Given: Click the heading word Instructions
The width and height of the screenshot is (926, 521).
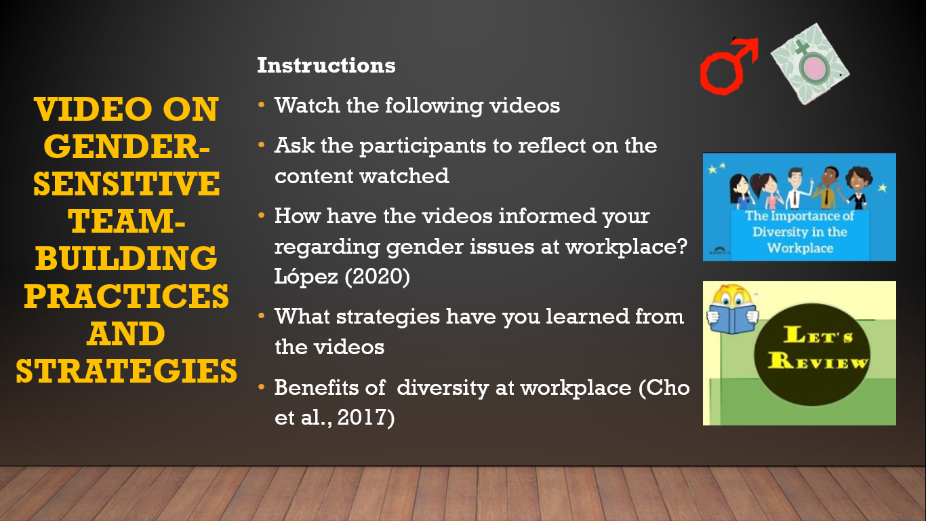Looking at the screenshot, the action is coord(326,65).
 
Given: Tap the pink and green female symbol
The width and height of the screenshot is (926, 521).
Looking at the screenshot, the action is coord(810,64).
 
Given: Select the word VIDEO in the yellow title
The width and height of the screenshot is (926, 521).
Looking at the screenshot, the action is coord(92,109).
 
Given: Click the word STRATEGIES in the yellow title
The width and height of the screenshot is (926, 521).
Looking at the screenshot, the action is coord(127,371).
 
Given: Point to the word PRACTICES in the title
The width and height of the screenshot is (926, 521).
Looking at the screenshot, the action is coord(127,296).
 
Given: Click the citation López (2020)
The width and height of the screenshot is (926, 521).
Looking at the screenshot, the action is coord(342,276).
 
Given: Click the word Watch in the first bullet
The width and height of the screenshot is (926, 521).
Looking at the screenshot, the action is coord(307,105).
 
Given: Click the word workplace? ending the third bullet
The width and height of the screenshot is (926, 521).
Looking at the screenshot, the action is coord(626,247).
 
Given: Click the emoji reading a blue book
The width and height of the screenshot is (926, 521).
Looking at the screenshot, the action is coord(733,309).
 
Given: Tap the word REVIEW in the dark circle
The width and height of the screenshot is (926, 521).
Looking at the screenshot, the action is coord(818,361).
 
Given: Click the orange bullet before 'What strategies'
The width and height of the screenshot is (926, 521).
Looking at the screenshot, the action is coord(261,316).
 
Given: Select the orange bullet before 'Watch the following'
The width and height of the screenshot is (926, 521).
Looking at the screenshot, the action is coord(261,104).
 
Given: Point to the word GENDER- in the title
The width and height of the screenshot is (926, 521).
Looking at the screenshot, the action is coord(127,147).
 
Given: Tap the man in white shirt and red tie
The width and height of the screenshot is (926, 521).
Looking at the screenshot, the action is coord(796,189).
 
